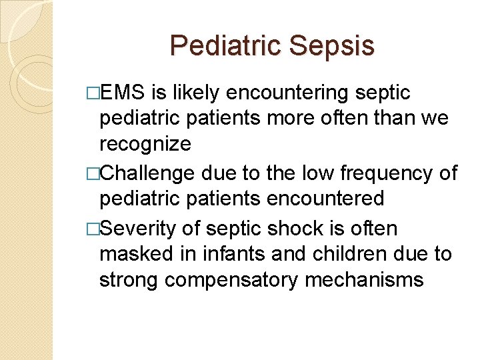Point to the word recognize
coord(145,143)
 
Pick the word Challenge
coord(147,173)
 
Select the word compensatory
coord(234,279)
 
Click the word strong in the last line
coord(129,279)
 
